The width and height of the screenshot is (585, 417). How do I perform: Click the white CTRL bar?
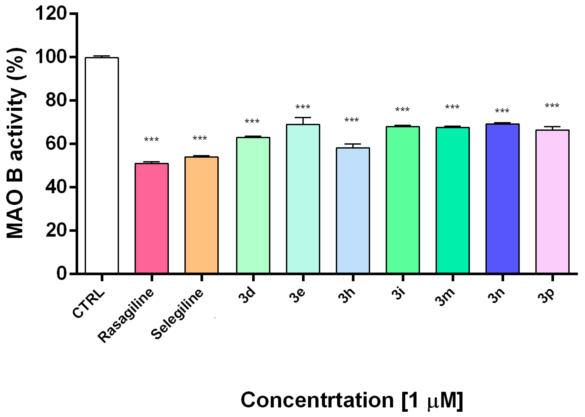tap(102, 165)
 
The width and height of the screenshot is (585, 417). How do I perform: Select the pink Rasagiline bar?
tap(152, 218)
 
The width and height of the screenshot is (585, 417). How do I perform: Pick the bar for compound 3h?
tap(353, 211)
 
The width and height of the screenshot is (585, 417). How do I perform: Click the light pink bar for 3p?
tap(552, 202)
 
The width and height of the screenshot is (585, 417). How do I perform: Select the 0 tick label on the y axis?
tap(62, 273)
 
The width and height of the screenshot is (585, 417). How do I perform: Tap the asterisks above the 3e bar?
tap(303, 107)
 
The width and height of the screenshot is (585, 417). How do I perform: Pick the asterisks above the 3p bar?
tap(552, 106)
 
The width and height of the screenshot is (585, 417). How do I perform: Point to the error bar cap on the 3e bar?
tap(303, 118)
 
